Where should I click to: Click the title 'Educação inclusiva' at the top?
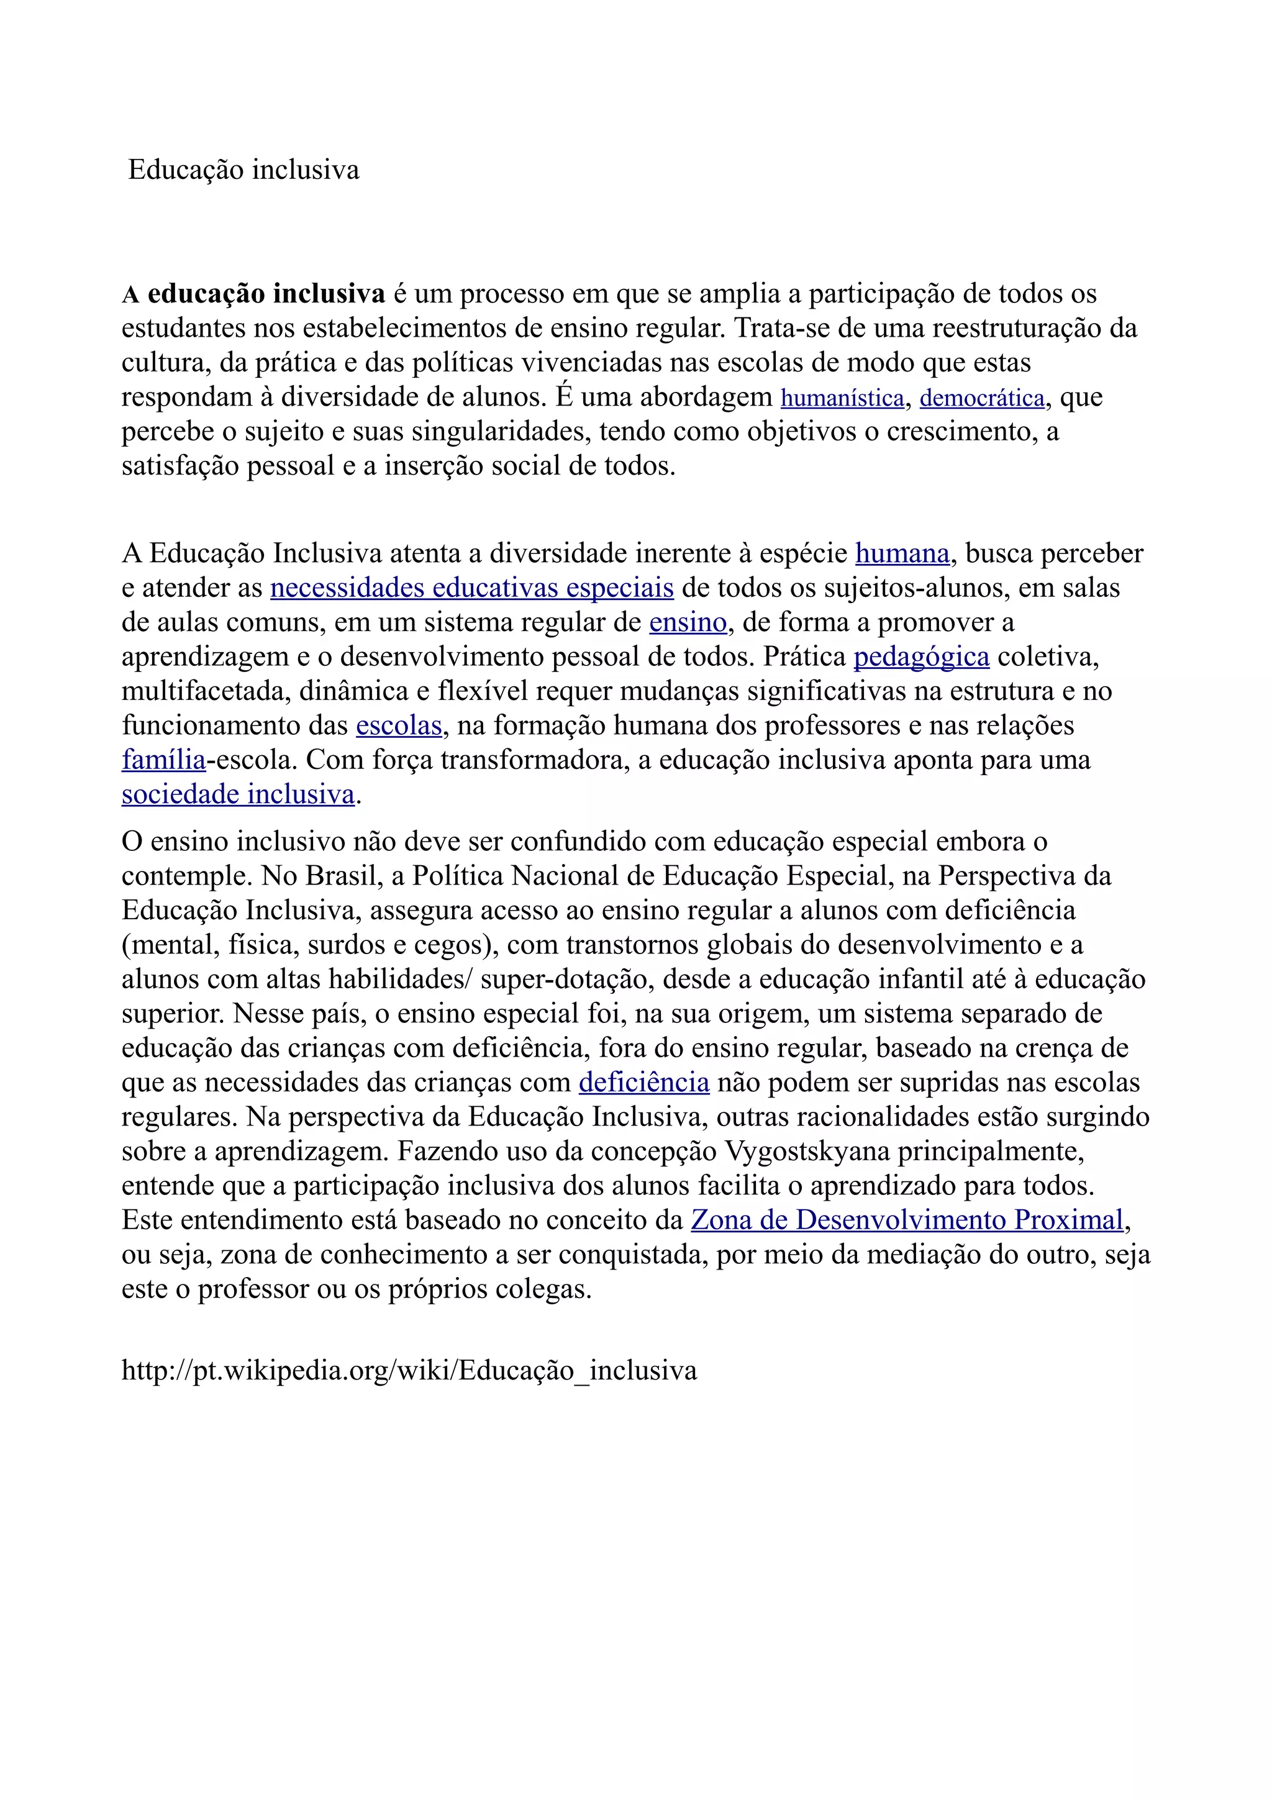[243, 170]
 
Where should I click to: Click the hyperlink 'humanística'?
[843, 398]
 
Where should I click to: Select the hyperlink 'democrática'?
[982, 398]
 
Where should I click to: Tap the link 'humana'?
[902, 553]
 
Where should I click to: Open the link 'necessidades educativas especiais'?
[472, 588]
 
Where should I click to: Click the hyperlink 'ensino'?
[688, 622]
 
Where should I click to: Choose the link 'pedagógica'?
[921, 657]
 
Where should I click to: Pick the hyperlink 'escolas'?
[399, 726]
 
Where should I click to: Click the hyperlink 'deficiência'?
[644, 1083]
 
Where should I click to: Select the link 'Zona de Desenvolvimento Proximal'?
[907, 1220]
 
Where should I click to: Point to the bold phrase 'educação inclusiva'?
[266, 294]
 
